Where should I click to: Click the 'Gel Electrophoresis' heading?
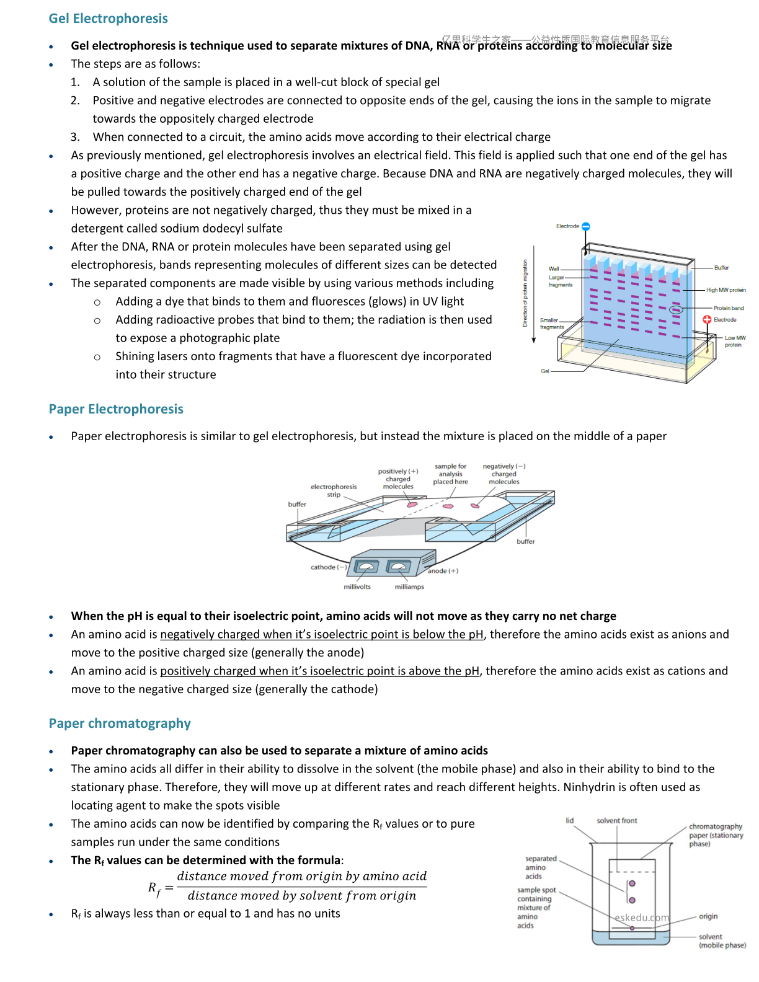[x=108, y=19]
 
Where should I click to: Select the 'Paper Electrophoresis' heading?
[x=116, y=409]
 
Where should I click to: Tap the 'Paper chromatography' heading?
[x=119, y=723]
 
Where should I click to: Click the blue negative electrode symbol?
[x=585, y=226]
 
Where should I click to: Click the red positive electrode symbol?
[x=706, y=319]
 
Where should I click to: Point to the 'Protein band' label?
[x=728, y=308]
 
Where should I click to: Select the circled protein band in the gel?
[x=676, y=309]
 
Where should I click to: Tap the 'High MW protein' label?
[x=726, y=290]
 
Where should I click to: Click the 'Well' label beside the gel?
[x=553, y=268]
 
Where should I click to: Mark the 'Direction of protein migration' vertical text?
[x=525, y=293]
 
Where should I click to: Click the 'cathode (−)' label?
[x=329, y=567]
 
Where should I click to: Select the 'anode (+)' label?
[x=443, y=571]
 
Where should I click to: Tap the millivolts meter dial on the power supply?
[x=366, y=566]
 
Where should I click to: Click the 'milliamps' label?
[x=409, y=586]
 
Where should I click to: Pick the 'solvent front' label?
[x=616, y=820]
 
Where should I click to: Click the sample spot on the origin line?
[x=632, y=928]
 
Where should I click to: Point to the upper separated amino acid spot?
[x=632, y=883]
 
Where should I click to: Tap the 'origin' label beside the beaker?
[x=708, y=916]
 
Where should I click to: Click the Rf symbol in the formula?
[x=154, y=889]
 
